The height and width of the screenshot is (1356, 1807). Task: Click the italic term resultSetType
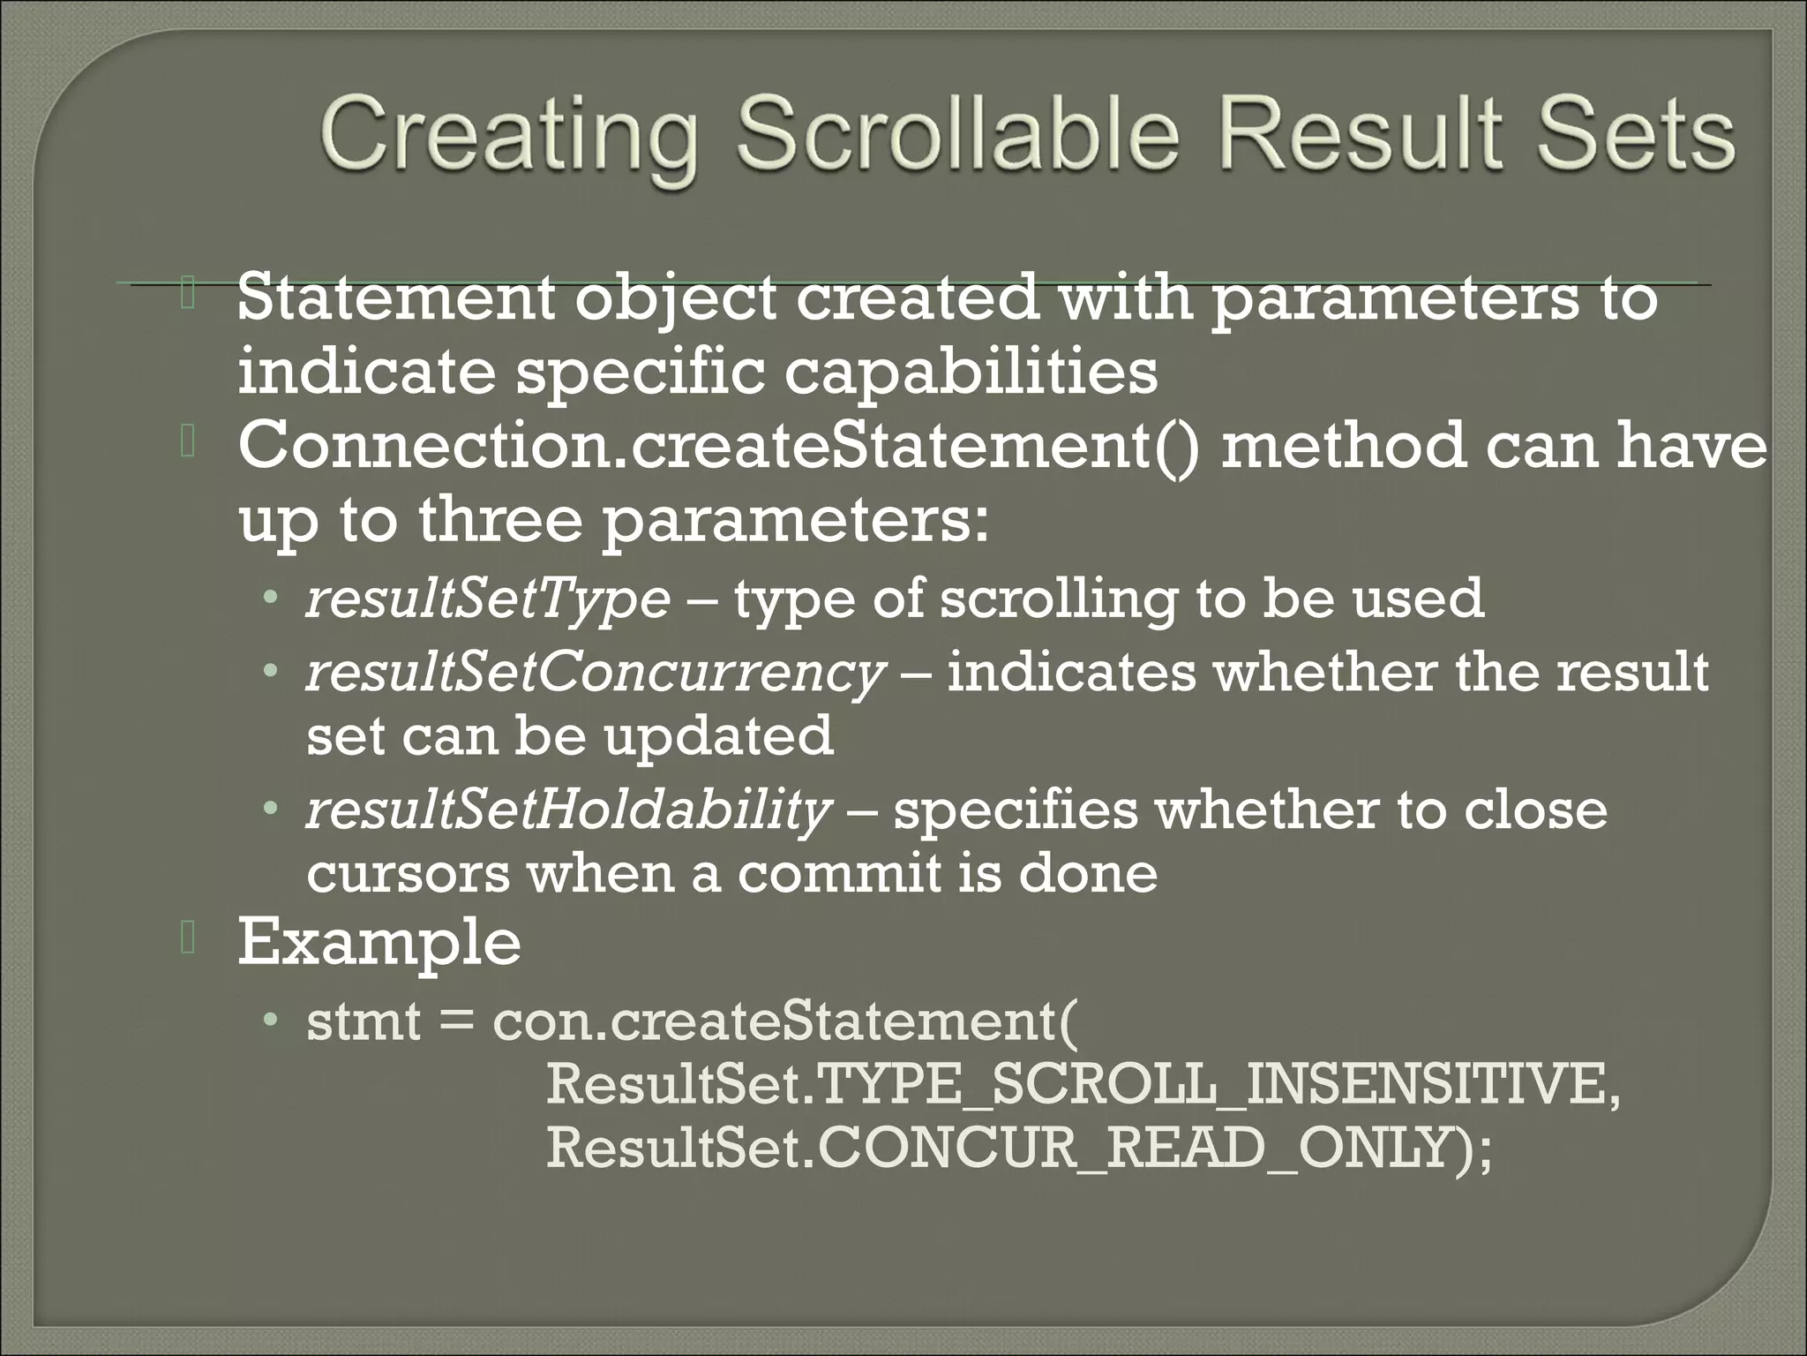(488, 599)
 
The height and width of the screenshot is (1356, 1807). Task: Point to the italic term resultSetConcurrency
(594, 674)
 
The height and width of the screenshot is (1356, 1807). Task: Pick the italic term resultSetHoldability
(568, 811)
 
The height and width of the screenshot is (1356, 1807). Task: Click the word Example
(379, 942)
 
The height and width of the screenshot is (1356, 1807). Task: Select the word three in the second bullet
(499, 521)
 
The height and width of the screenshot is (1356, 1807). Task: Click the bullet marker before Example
(187, 940)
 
